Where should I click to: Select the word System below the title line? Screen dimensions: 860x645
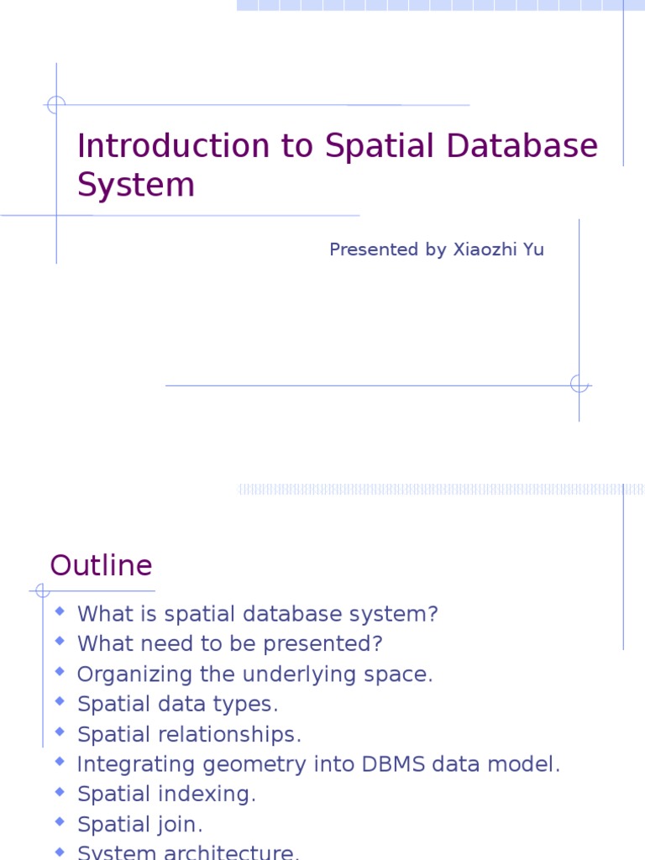tap(136, 185)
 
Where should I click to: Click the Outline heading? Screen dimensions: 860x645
tap(101, 566)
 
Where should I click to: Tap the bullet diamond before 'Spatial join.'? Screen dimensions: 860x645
tap(60, 822)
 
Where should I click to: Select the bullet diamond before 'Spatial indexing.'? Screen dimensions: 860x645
tap(60, 792)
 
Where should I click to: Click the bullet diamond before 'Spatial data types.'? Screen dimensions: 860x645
tap(60, 701)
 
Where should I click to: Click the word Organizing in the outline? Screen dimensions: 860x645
tap(127, 674)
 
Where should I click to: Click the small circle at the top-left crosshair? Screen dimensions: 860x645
tap(56, 105)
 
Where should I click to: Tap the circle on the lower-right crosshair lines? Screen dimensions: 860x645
tap(579, 385)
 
